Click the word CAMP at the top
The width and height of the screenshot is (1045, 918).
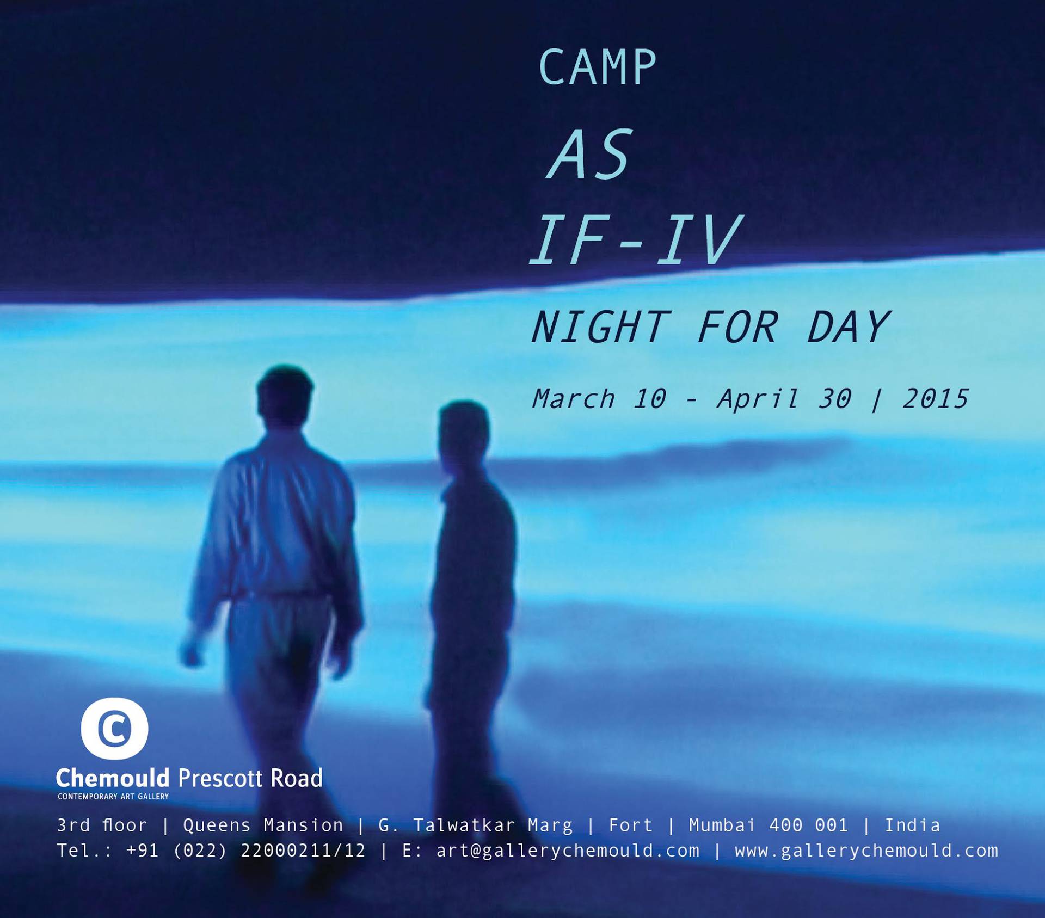click(598, 67)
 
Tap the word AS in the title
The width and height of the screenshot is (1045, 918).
click(590, 155)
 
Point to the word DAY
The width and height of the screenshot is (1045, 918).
click(848, 328)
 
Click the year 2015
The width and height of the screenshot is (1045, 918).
click(936, 399)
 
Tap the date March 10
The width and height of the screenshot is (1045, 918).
click(599, 399)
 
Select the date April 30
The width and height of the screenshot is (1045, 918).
click(784, 399)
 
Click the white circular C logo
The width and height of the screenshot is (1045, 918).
click(114, 729)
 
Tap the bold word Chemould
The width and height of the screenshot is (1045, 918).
click(113, 778)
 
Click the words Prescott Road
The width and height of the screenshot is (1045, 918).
click(250, 778)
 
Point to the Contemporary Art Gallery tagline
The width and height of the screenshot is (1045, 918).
click(113, 797)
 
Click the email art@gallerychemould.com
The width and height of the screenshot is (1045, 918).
click(568, 851)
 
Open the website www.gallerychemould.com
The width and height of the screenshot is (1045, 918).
click(866, 851)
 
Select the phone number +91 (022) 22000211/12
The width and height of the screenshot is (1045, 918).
click(245, 851)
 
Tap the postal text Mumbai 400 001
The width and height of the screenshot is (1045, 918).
click(769, 825)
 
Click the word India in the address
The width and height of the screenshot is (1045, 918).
click(913, 825)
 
